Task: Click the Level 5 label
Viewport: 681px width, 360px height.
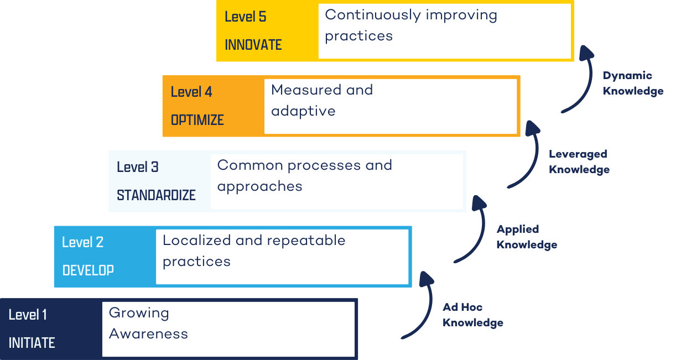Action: [245, 17]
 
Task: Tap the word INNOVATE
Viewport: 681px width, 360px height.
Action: [253, 45]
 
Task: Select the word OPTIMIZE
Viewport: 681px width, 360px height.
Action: [197, 120]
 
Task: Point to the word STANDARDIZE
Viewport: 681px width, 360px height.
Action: [156, 195]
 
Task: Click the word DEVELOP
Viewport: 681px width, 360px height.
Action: [88, 270]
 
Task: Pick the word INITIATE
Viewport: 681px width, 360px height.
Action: [32, 343]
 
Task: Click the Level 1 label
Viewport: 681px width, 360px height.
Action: [28, 315]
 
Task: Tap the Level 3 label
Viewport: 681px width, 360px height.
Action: [138, 167]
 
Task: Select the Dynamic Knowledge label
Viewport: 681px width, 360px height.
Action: [633, 84]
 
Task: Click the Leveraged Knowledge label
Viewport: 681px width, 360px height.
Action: [579, 162]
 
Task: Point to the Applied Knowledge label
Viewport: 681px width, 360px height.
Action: [527, 237]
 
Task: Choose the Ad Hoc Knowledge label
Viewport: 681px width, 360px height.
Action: [473, 315]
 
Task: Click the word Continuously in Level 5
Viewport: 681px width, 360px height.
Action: [365, 15]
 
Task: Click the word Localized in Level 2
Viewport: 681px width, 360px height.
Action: [196, 241]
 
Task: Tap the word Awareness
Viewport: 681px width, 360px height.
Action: [148, 334]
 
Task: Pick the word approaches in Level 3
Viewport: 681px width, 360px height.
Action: [259, 186]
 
